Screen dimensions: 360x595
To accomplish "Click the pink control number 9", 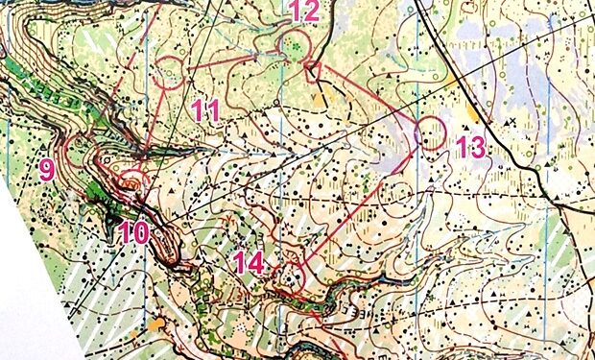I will click(x=47, y=170).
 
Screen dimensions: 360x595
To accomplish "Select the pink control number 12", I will click(x=303, y=12).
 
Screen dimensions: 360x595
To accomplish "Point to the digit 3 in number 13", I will click(x=478, y=148).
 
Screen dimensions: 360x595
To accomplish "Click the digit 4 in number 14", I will click(x=254, y=260).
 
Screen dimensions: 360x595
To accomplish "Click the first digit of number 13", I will click(x=463, y=148).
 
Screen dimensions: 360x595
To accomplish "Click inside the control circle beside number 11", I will click(x=170, y=72).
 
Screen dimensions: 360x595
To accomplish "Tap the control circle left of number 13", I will click(x=432, y=132).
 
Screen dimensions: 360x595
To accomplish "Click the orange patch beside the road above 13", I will click(x=471, y=114).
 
